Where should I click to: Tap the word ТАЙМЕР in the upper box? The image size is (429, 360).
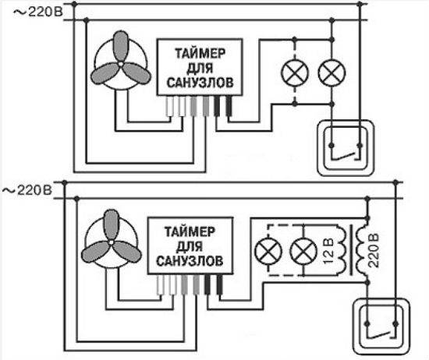[200, 53]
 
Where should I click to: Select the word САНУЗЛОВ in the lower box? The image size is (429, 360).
[190, 261]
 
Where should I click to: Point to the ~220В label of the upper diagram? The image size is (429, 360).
[38, 12]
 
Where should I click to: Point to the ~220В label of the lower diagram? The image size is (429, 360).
[27, 190]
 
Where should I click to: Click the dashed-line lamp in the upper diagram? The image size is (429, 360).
[295, 72]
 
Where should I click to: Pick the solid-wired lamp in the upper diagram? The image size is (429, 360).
[331, 72]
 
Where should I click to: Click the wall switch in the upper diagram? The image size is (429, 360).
[346, 147]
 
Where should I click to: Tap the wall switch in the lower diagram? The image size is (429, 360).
[381, 326]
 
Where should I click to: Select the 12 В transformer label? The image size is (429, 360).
[328, 251]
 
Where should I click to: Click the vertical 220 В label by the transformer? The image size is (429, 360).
[373, 250]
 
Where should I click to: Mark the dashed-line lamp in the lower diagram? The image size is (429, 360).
[268, 251]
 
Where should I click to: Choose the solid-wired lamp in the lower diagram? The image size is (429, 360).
[303, 251]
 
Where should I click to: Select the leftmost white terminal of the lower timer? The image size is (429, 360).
[161, 284]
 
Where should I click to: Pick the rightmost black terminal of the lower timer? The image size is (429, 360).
[220, 284]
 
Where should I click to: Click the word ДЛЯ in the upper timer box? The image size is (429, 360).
[200, 68]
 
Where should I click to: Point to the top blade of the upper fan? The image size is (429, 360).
[121, 46]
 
